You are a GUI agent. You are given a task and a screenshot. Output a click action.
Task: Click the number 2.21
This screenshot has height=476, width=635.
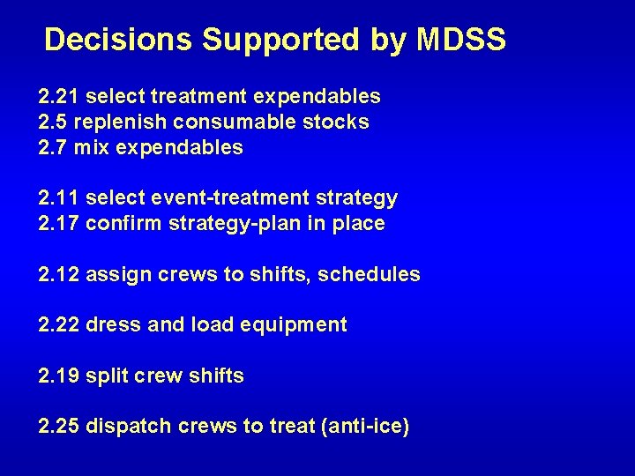tap(59, 96)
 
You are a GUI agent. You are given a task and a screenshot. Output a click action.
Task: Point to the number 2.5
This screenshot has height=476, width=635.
tap(54, 122)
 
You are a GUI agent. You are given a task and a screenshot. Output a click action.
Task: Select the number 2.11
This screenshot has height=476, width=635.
tap(59, 198)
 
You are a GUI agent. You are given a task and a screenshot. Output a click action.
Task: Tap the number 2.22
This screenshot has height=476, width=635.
tap(59, 325)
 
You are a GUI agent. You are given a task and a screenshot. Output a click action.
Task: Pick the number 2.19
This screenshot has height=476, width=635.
tap(59, 376)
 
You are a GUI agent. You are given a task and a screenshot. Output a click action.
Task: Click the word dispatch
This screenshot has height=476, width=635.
tap(129, 427)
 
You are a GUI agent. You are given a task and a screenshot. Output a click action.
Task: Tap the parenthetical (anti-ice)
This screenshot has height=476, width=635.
tap(363, 427)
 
